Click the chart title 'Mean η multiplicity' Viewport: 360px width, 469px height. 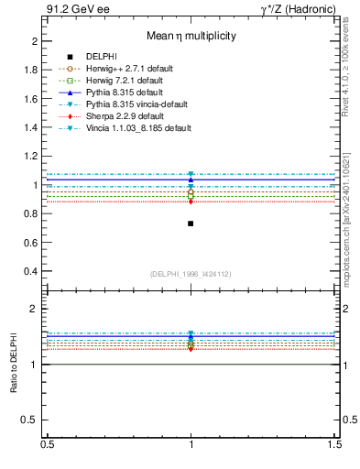(x=191, y=37)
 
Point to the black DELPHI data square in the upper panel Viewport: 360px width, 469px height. (x=191, y=224)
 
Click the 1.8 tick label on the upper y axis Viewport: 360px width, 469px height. (x=31, y=70)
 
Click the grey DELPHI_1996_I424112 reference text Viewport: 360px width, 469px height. (x=191, y=273)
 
